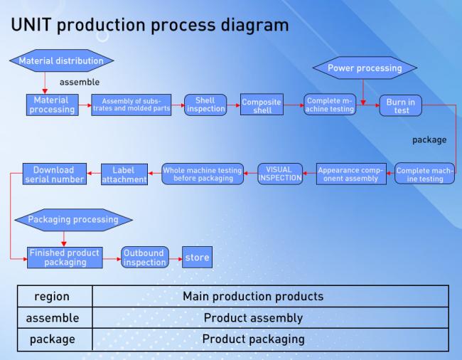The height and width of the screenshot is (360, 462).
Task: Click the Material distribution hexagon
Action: (x=62, y=60)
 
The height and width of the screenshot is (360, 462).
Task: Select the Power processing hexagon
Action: (x=365, y=68)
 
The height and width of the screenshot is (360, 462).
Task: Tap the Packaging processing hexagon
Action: (x=73, y=220)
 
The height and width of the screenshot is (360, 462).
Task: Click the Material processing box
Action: (x=53, y=105)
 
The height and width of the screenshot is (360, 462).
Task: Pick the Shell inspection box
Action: (x=205, y=105)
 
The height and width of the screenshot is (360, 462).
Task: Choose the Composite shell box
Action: (x=262, y=105)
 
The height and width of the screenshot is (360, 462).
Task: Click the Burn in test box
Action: (x=401, y=105)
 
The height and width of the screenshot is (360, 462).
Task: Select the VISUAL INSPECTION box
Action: (x=280, y=174)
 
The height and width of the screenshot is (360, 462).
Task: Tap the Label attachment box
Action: (x=124, y=174)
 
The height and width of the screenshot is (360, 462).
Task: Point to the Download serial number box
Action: (x=55, y=174)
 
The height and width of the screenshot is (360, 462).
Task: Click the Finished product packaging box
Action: (x=65, y=258)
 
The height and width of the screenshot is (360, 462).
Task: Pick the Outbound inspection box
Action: (x=145, y=258)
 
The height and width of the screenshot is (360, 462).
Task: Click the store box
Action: (x=197, y=258)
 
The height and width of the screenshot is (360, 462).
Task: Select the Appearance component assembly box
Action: (x=351, y=174)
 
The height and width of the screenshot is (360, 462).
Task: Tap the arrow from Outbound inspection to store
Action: (x=176, y=259)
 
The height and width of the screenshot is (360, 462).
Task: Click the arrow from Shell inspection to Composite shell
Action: (x=234, y=105)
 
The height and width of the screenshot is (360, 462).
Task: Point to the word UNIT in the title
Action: (x=31, y=25)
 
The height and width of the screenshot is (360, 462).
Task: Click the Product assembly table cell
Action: (x=253, y=318)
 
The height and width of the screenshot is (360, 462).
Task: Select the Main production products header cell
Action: (x=253, y=296)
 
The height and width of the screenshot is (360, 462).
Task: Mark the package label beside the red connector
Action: (x=429, y=140)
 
